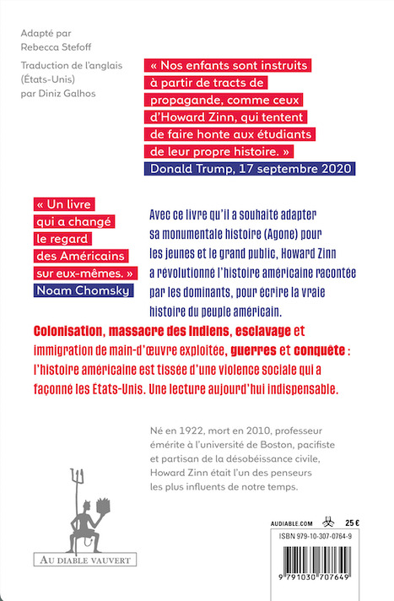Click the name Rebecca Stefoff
[x=57, y=49]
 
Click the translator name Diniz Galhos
[x=71, y=93]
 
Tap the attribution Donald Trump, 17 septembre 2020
[x=249, y=168]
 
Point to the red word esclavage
[x=288, y=331]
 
